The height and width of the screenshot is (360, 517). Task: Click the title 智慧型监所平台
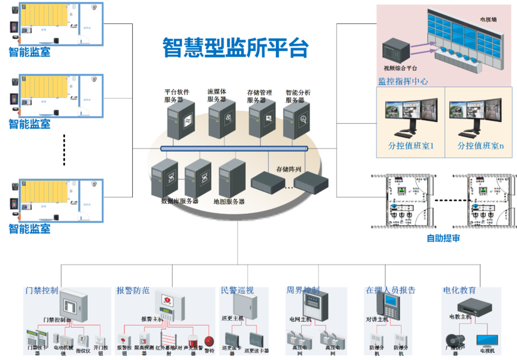pyautogui.click(x=235, y=47)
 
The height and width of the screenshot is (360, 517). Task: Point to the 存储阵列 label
pyautogui.click(x=289, y=169)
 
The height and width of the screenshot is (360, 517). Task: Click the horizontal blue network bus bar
pyautogui.click(x=234, y=148)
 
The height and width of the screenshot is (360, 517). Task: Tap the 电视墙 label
pyautogui.click(x=488, y=20)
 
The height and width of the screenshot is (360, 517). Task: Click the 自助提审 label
pyautogui.click(x=443, y=239)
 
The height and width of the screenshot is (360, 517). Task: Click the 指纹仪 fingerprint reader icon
pyautogui.click(x=83, y=340)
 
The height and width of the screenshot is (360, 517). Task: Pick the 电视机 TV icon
pyautogui.click(x=485, y=340)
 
